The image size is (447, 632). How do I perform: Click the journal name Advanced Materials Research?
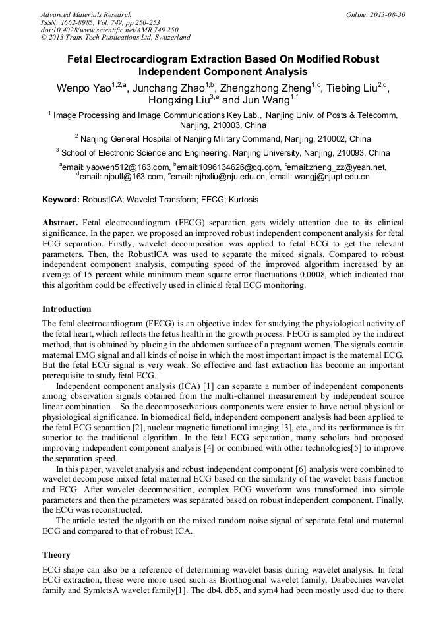[x=86, y=14]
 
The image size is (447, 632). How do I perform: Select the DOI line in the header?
[x=109, y=30]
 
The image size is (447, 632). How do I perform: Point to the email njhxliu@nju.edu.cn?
[x=228, y=177]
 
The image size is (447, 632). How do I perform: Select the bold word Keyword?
[x=61, y=200]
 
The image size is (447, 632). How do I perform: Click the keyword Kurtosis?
[x=243, y=200]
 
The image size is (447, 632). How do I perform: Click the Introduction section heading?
[x=67, y=309]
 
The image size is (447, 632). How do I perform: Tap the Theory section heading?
[x=56, y=555]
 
